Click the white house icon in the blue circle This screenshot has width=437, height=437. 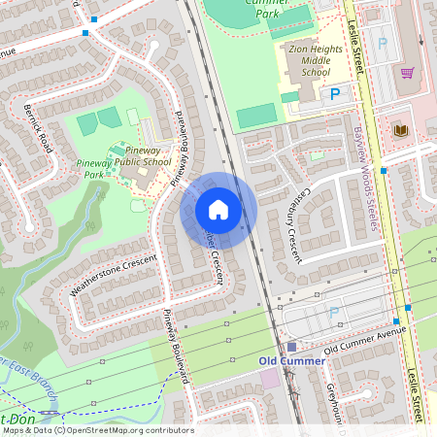[218, 210]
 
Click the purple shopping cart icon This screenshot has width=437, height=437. [407, 73]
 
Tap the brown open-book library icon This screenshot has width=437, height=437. [400, 129]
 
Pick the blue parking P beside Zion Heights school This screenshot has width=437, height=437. [335, 93]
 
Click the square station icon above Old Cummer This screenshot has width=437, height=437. [291, 347]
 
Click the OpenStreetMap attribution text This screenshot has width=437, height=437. [97, 430]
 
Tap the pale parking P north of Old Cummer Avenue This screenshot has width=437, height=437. [335, 313]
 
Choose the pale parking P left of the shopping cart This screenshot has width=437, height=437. [382, 44]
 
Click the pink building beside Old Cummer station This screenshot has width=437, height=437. [269, 378]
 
